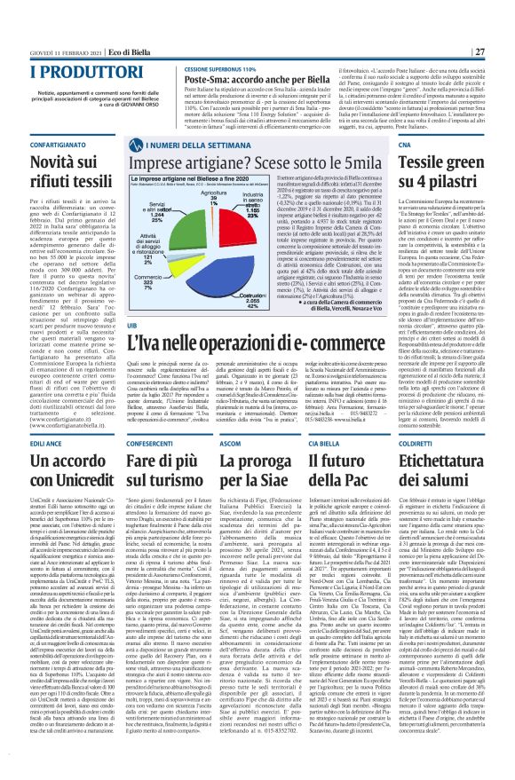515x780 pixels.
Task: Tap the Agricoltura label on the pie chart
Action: (x=209, y=196)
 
